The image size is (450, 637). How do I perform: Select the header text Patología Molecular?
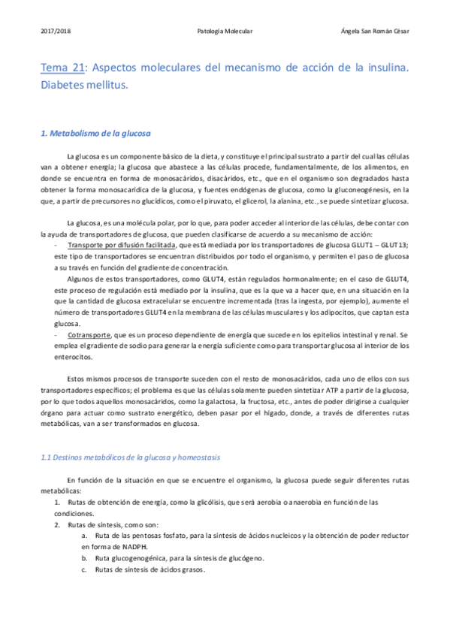pyautogui.click(x=225, y=32)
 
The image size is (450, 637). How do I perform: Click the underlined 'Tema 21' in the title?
pyautogui.click(x=62, y=68)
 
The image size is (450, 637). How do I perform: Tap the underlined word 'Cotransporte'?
pyautogui.click(x=89, y=334)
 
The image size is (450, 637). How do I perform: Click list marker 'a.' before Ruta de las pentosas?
pyautogui.click(x=85, y=536)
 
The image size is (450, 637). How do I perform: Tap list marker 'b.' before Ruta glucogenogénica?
pyautogui.click(x=85, y=559)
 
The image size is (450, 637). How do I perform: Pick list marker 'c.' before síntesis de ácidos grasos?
pyautogui.click(x=85, y=570)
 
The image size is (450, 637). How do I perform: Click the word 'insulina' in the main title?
pyautogui.click(x=382, y=68)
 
